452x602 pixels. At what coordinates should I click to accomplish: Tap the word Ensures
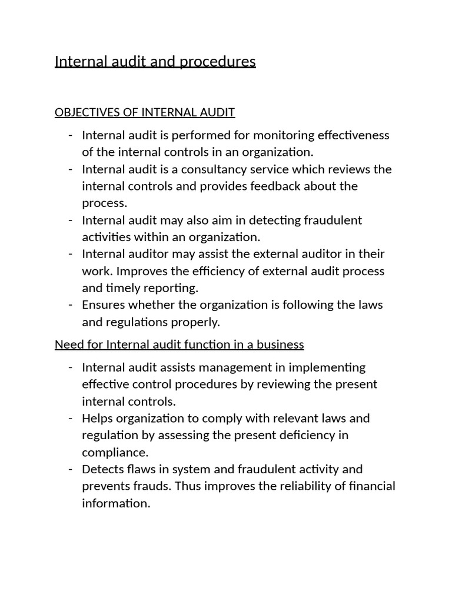(x=104, y=305)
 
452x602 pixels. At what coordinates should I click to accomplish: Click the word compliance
(x=115, y=453)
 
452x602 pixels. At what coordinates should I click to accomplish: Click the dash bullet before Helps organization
(x=71, y=419)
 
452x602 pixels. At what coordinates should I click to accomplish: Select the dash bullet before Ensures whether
(x=71, y=305)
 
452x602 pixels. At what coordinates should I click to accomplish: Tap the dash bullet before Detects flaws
(x=71, y=469)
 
